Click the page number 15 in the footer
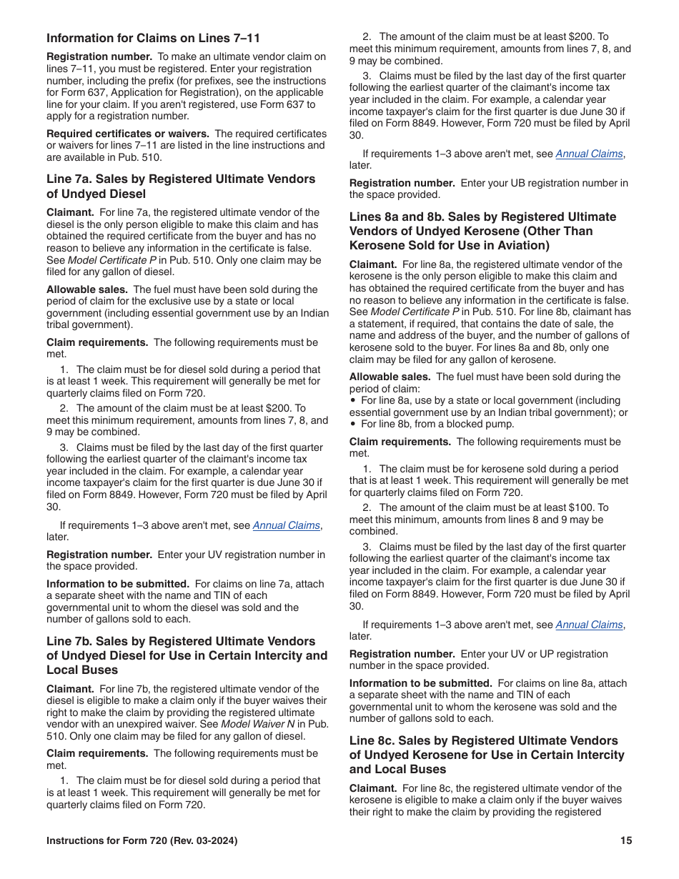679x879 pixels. [x=626, y=841]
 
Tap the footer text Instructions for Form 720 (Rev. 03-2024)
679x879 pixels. [x=142, y=841]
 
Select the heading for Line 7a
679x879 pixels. [x=181, y=187]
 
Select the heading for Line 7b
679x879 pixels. [x=187, y=655]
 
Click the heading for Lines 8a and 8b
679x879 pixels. [x=482, y=231]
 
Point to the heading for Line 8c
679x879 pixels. [x=487, y=755]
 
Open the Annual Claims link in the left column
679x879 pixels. [x=286, y=525]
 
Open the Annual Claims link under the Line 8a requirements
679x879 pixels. [x=589, y=625]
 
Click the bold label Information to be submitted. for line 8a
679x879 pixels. [x=420, y=683]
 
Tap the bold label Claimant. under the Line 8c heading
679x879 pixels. [x=372, y=788]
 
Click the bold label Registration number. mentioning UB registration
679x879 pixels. [x=402, y=183]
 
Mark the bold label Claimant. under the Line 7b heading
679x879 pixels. [x=70, y=689]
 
